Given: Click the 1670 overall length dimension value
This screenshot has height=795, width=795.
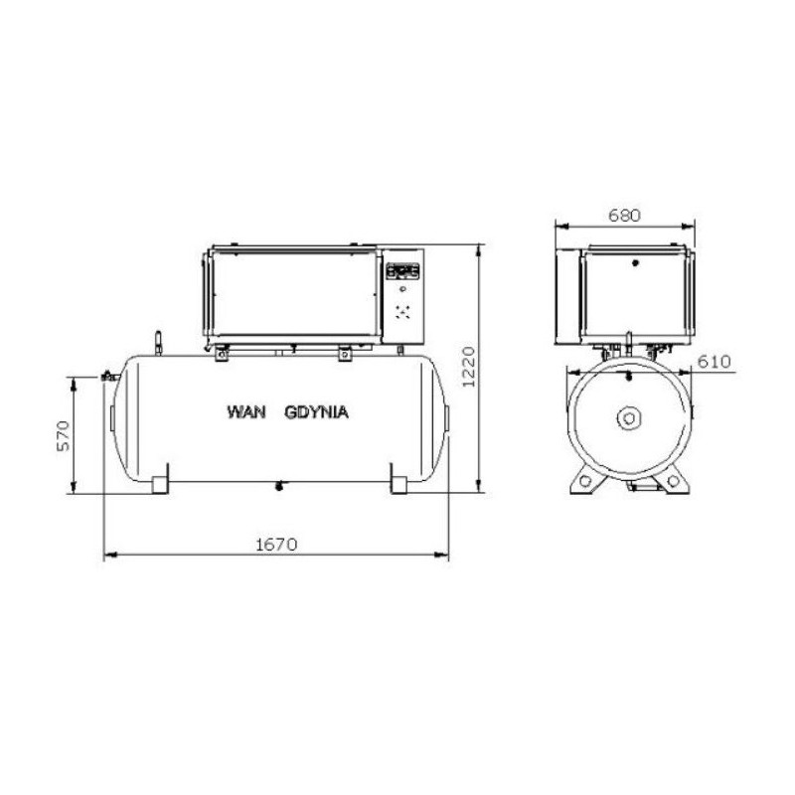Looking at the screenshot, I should (277, 544).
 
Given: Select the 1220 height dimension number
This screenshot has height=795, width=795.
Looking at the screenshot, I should (471, 369).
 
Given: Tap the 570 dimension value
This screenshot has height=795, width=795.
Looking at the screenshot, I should (62, 434).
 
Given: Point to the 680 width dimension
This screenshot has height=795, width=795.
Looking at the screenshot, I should (625, 215).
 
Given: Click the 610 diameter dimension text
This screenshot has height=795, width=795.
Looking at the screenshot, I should (715, 361).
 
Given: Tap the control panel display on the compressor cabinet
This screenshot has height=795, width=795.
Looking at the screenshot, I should (403, 269).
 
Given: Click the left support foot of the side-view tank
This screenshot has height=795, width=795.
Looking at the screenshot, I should (161, 482).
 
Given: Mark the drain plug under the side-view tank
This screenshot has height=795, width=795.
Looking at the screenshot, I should (279, 485).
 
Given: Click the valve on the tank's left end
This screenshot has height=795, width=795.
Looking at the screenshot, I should (107, 378).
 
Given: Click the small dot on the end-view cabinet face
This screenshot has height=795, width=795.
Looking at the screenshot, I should (637, 264).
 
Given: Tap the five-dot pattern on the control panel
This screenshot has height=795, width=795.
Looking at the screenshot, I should (403, 312).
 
